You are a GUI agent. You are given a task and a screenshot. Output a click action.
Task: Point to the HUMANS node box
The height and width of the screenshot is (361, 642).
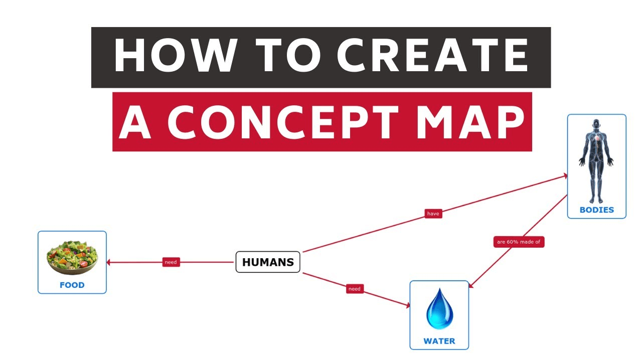click(268, 262)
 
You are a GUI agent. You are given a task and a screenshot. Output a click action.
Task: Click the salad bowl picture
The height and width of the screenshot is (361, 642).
click(72, 257)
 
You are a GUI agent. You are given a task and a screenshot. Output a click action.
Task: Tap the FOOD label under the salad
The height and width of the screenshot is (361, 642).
click(72, 285)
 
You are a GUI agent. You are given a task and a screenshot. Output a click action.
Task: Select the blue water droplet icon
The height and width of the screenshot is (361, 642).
click(439, 308)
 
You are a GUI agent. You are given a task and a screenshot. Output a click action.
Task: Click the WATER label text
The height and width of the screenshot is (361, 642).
click(439, 341)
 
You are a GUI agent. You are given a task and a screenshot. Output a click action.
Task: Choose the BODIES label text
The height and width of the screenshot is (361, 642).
click(596, 210)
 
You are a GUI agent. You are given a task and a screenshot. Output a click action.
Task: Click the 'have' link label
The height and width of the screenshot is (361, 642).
click(433, 214)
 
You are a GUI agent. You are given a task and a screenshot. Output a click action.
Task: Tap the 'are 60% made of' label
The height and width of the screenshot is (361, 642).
click(519, 242)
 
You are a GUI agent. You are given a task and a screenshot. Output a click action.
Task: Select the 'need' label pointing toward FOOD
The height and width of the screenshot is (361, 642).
click(171, 262)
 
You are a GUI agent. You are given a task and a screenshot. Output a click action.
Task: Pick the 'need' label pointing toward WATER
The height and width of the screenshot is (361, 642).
click(355, 289)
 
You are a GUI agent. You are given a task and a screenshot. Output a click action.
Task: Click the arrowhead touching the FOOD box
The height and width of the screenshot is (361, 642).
click(109, 262)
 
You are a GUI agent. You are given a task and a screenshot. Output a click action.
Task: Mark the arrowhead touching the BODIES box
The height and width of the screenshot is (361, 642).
click(565, 175)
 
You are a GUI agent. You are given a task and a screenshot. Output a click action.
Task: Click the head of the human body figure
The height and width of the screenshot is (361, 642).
click(596, 124)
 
